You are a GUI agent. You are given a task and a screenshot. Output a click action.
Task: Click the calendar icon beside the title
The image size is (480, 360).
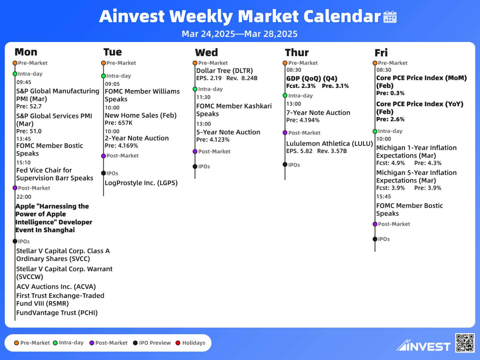pos(390,17)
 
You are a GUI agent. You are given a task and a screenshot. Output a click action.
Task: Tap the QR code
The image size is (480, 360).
pos(465,343)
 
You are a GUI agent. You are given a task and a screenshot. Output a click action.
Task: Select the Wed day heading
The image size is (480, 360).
pos(206,52)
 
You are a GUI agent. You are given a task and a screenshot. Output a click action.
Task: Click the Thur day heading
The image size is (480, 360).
pos(297,52)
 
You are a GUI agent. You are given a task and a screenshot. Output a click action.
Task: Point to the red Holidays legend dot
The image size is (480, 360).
pos(178,343)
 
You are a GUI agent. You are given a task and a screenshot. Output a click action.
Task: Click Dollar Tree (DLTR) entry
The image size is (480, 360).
pos(224,71)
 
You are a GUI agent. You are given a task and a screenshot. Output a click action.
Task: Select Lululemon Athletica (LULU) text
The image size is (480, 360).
pos(330,144)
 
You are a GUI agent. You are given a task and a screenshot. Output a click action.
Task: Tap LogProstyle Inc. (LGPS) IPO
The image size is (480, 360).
pos(141,183)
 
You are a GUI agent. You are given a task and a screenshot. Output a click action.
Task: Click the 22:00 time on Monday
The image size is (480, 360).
pos(24,197)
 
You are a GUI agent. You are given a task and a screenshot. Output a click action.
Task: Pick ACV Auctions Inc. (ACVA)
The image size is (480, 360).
pos(56,287)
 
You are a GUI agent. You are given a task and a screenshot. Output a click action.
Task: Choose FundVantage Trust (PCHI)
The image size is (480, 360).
pos(57,313)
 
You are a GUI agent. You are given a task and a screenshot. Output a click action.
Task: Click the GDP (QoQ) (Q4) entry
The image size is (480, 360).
pos(312,78)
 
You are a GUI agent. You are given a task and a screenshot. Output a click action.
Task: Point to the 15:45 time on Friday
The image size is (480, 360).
pos(384,197)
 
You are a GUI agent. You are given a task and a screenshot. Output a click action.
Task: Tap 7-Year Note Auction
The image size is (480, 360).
pos(318,113)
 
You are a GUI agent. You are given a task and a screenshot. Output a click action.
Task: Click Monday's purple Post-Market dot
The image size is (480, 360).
pos(15,188)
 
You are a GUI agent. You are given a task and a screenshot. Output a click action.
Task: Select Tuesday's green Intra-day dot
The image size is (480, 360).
pos(103,76)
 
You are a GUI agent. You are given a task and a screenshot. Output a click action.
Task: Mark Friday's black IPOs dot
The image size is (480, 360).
pos(375,239)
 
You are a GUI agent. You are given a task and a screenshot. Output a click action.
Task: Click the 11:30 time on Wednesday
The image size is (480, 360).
pos(203,97)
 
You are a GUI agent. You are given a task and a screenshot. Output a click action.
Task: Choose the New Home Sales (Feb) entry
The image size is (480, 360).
pos(141,115)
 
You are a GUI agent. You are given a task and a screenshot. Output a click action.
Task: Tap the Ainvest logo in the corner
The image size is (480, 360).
pos(423,345)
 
